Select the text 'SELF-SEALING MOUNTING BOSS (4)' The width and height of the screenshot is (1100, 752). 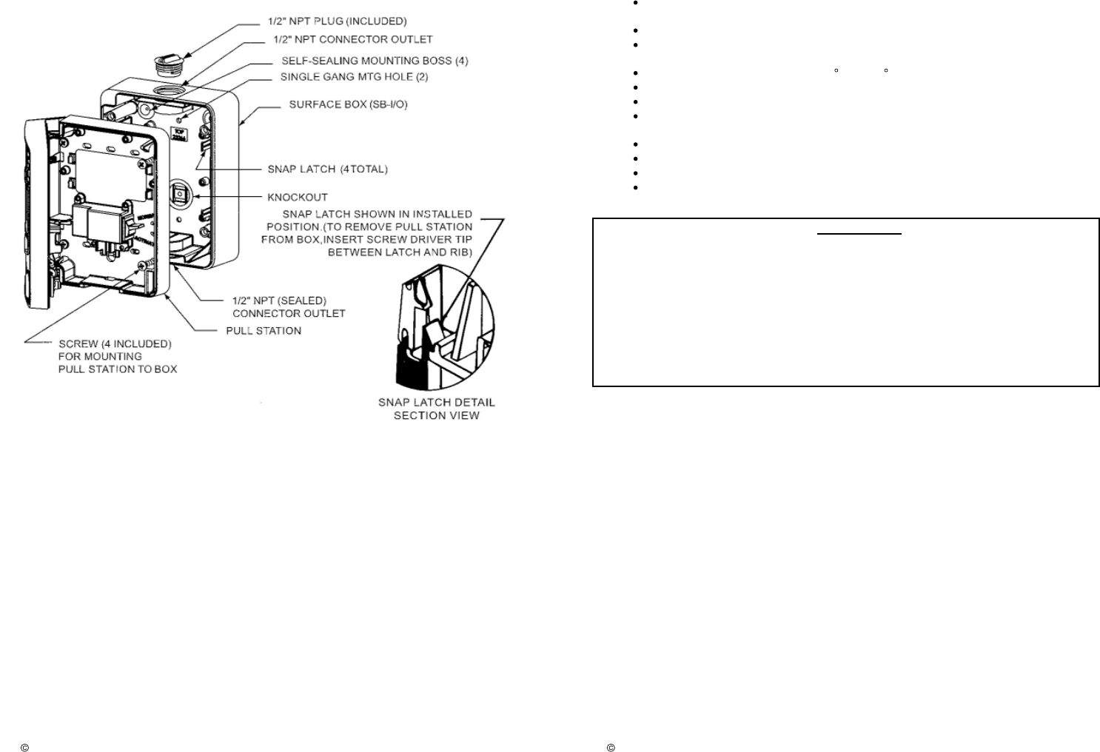coord(375,61)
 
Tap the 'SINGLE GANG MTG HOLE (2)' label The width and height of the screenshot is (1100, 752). coord(354,77)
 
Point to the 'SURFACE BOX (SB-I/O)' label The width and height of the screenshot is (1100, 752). coord(348,104)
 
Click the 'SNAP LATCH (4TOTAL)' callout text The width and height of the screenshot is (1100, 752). coord(327,169)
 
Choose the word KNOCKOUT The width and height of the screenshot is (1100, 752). coord(298,198)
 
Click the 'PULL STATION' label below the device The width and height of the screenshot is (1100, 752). coord(264,330)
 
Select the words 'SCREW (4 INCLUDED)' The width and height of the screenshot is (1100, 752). coord(115,344)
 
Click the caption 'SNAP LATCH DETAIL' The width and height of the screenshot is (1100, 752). coord(436,403)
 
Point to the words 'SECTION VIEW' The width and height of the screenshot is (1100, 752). coord(436,416)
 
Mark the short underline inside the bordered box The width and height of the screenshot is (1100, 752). coord(859,234)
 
